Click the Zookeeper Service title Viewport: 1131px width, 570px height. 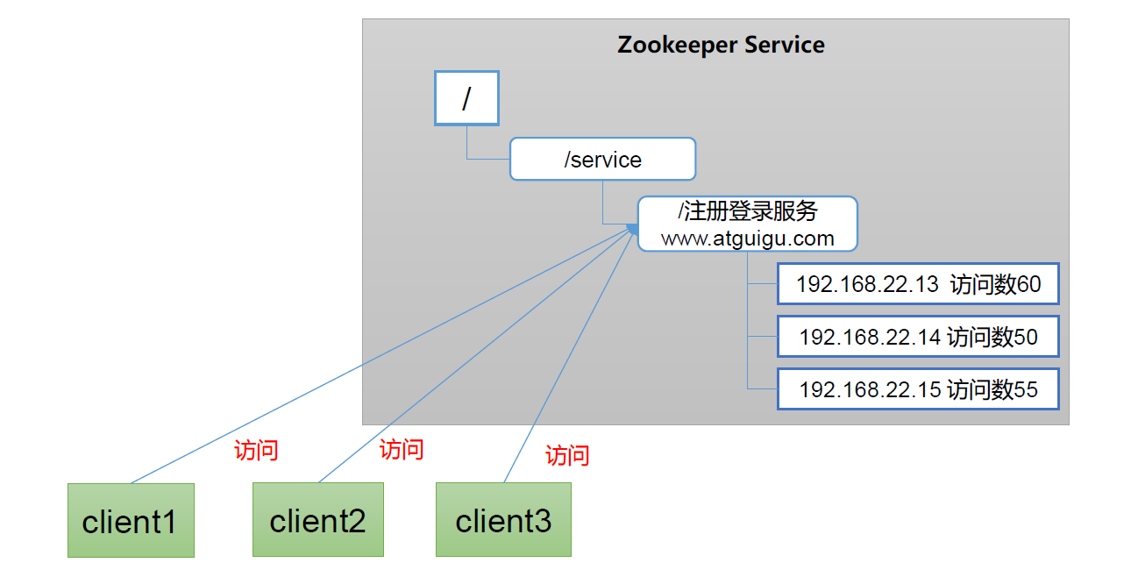(x=721, y=46)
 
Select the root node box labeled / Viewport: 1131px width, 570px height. (x=466, y=98)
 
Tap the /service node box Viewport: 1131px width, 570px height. (x=602, y=160)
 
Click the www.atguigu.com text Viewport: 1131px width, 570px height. (x=747, y=238)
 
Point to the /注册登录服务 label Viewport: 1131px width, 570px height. (x=747, y=212)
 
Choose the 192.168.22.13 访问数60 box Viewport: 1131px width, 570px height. (x=918, y=284)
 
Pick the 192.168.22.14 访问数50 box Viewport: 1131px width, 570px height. (x=918, y=337)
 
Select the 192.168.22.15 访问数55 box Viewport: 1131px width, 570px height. (x=918, y=389)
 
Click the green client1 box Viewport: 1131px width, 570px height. (x=131, y=521)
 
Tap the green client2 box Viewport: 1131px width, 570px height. (x=317, y=520)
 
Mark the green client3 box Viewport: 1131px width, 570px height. (x=503, y=520)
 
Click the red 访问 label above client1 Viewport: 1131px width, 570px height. (x=256, y=451)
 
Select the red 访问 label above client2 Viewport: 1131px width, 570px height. (x=402, y=450)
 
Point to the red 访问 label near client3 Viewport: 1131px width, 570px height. (x=567, y=456)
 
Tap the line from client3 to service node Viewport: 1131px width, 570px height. (x=561, y=368)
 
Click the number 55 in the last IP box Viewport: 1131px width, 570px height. (x=1026, y=389)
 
